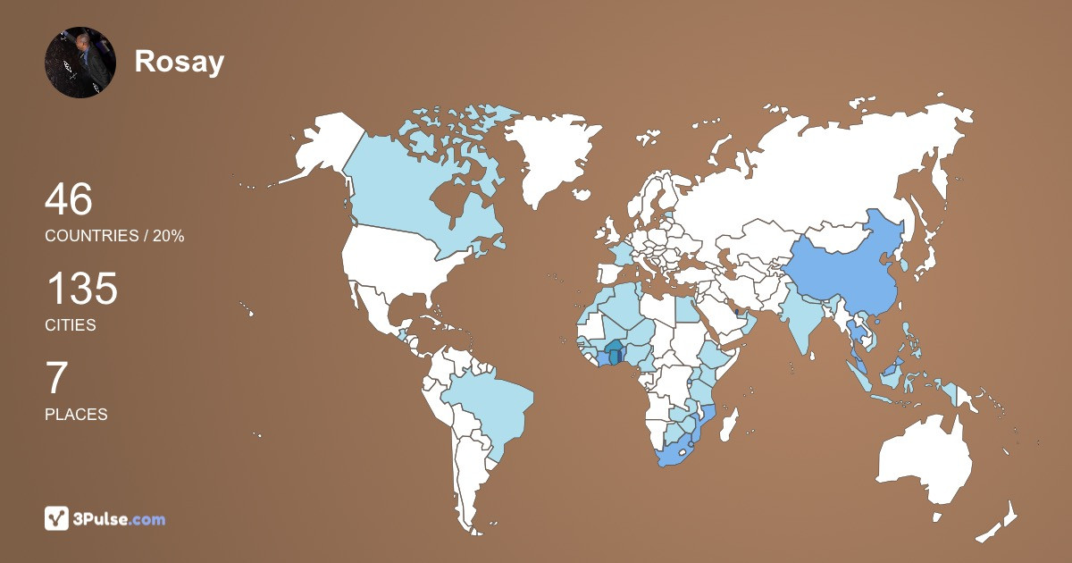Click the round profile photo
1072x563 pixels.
coord(80,62)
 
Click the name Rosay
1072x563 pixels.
coord(179,62)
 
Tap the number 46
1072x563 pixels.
coord(69,200)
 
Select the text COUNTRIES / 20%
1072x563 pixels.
coord(114,236)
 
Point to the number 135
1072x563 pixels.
coord(81,290)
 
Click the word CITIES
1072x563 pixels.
coord(71,325)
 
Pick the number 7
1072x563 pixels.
coord(56,379)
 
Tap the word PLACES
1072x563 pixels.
coord(76,415)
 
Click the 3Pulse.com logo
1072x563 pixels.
coord(105,518)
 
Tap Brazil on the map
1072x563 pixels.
coord(487,411)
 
